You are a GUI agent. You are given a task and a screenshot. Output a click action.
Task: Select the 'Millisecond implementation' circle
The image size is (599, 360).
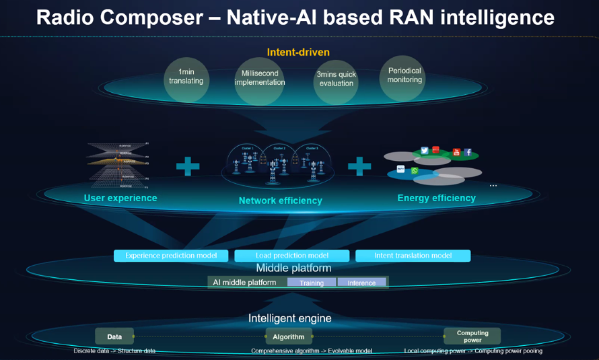[x=260, y=78]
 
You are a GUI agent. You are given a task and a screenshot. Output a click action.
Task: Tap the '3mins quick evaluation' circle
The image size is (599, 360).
[x=336, y=79]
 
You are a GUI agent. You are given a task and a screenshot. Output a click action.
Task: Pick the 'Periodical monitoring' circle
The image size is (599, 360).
[x=404, y=75]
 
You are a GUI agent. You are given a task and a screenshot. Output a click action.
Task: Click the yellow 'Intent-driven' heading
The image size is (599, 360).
[x=298, y=52]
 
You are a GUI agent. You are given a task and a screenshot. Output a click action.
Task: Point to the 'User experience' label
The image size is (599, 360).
[x=120, y=198]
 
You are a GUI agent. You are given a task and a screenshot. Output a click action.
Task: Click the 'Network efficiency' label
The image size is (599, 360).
[x=280, y=201]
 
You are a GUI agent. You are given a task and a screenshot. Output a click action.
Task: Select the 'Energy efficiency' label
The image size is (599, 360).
[x=436, y=198]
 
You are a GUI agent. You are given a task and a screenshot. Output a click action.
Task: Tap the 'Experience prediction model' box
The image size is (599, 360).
[x=171, y=256]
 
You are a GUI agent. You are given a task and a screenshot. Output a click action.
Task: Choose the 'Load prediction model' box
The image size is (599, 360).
[x=291, y=256]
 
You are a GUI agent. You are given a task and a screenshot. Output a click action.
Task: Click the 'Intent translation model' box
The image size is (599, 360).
[x=413, y=256]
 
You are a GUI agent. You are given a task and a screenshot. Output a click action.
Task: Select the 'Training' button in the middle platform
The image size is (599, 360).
[x=312, y=283]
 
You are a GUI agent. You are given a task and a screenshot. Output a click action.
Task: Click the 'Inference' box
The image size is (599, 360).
[x=361, y=283]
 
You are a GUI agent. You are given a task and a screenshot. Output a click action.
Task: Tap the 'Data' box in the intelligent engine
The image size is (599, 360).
[x=114, y=336]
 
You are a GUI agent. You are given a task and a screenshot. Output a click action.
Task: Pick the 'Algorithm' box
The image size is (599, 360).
[x=288, y=336]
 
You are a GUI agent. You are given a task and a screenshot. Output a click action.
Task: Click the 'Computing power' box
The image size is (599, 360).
[x=472, y=336]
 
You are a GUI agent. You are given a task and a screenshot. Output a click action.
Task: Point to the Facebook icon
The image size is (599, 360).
[x=468, y=153]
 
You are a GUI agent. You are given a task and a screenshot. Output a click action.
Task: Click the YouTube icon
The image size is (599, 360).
[x=456, y=152]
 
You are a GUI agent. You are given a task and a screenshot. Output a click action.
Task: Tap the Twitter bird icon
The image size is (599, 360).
[x=425, y=151]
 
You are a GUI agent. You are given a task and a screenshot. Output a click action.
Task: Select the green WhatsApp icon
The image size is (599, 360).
[x=415, y=171]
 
